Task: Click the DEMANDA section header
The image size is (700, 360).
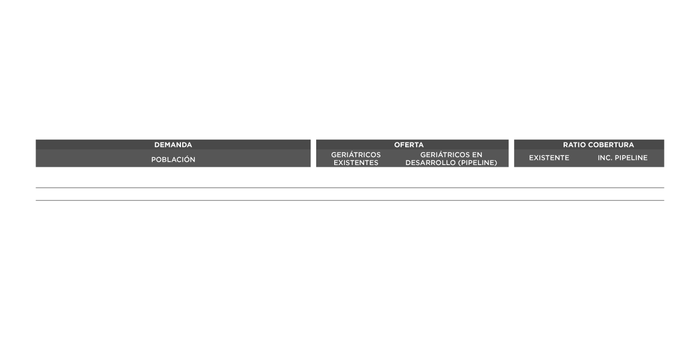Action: tap(173, 145)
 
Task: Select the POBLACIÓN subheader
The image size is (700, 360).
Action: tap(173, 159)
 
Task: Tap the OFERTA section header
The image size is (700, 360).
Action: tap(409, 145)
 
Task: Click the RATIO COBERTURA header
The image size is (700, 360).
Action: tap(590, 145)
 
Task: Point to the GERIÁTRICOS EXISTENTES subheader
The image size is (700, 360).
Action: tap(356, 158)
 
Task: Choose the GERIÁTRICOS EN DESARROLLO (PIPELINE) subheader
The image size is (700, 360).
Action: tap(451, 158)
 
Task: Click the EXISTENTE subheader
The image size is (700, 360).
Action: tap(549, 158)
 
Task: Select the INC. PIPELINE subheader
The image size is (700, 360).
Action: tap(622, 158)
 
